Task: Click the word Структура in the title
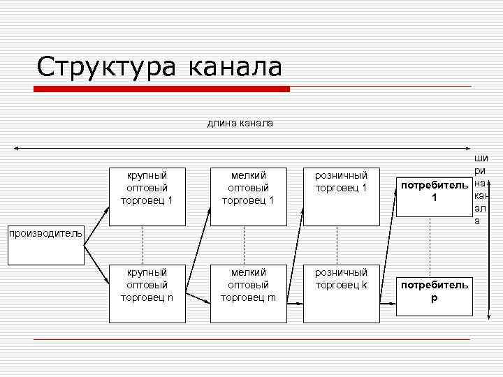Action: (106, 68)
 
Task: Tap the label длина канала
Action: (240, 124)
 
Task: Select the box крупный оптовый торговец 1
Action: (146, 196)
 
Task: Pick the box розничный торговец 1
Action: (341, 196)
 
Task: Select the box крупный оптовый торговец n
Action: (146, 293)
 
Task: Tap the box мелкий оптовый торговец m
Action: (247, 293)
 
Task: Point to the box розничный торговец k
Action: (341, 293)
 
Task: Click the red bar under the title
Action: (161, 89)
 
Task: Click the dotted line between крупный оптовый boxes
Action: (143, 245)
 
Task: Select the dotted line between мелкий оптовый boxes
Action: (244, 245)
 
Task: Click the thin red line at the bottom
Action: (251, 339)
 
